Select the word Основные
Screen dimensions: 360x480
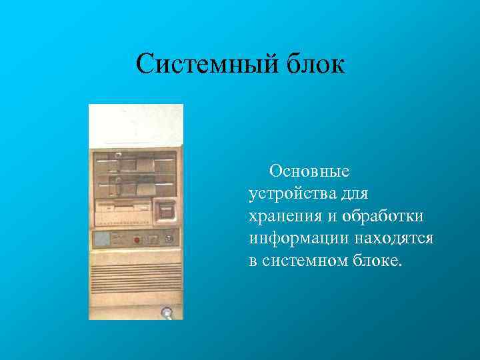click(x=309, y=171)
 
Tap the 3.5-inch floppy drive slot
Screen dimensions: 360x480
click(x=123, y=209)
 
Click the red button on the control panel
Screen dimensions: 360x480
click(x=137, y=239)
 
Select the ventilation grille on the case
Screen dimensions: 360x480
click(x=136, y=274)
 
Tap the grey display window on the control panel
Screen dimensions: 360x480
click(x=101, y=239)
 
